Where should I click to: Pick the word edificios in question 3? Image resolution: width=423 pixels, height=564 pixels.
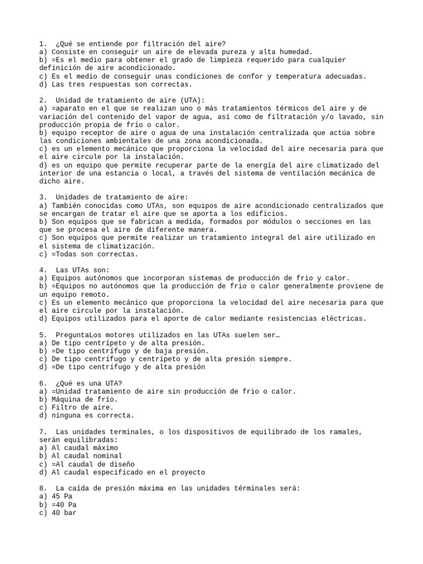point(267,213)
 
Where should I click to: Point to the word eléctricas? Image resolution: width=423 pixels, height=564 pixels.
point(343,318)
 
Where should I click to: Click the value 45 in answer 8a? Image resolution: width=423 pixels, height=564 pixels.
point(56,496)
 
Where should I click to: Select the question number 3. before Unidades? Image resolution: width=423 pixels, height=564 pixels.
point(43,197)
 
